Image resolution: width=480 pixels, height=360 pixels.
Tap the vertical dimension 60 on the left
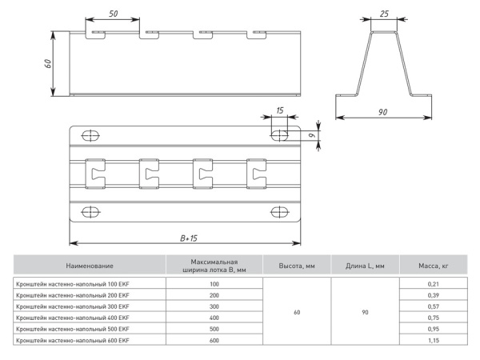click(x=48, y=63)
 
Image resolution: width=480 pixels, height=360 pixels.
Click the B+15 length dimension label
click(x=189, y=238)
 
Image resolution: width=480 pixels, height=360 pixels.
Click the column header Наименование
click(x=90, y=266)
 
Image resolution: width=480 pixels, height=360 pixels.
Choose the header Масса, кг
click(x=432, y=266)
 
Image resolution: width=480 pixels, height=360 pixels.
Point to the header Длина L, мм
click(x=365, y=266)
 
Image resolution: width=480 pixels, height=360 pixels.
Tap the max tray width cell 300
click(x=214, y=306)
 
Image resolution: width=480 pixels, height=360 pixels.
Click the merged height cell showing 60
click(x=297, y=312)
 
